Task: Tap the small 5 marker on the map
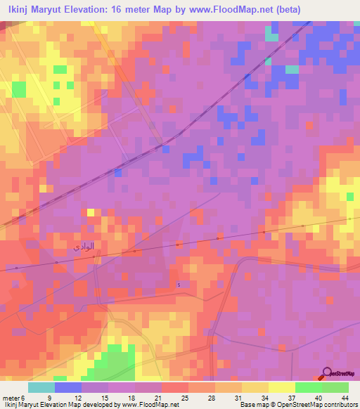pos(179,285)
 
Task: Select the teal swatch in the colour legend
pos(41,387)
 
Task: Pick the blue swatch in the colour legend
pos(68,387)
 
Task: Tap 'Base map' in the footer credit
pos(252,405)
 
